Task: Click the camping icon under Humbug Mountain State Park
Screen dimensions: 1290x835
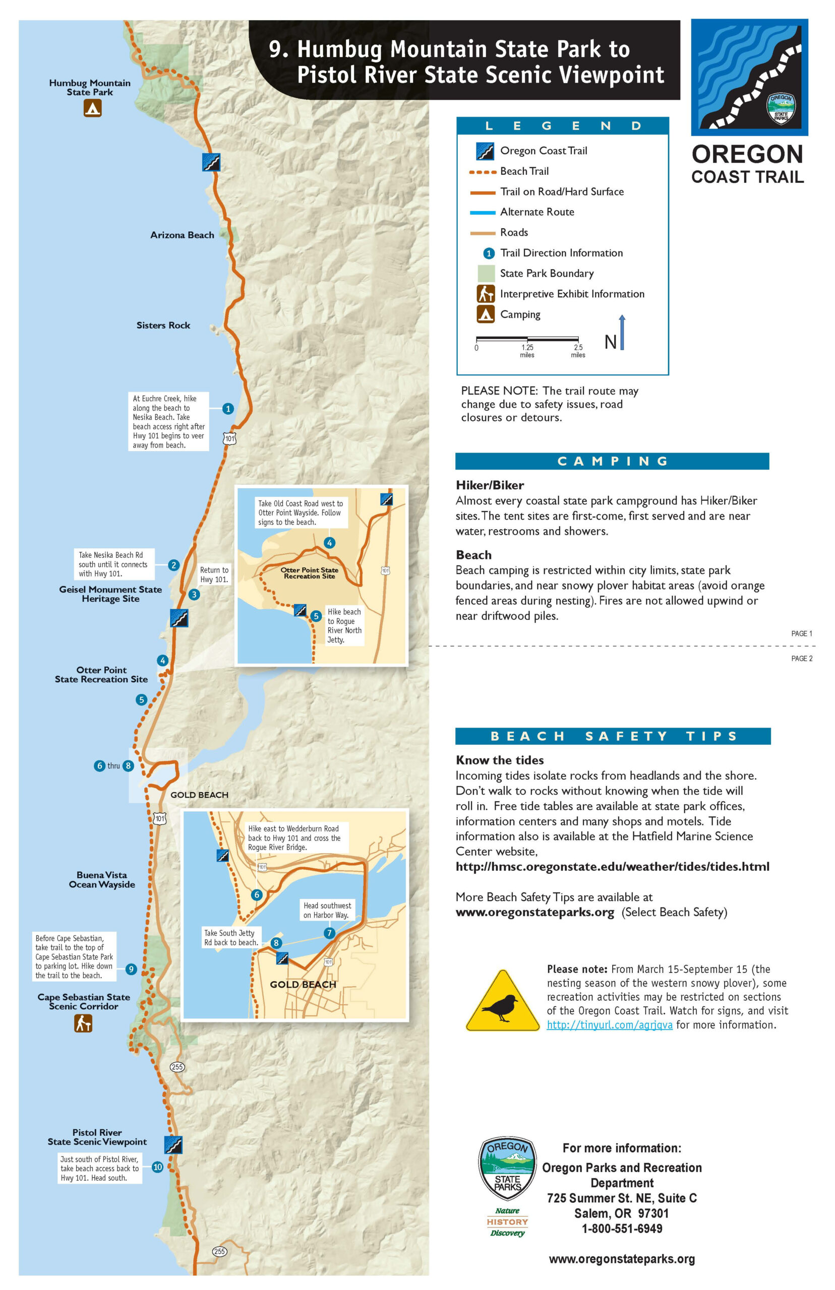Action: (x=92, y=108)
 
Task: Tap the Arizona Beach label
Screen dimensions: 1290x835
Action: (x=182, y=235)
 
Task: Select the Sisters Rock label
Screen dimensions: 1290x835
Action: (x=163, y=325)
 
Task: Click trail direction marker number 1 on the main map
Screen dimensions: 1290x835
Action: (x=228, y=409)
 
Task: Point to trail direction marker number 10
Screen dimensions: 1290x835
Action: (x=158, y=1167)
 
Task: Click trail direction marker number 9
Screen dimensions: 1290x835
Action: (x=131, y=969)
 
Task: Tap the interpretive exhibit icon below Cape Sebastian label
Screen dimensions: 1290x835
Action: (x=83, y=1023)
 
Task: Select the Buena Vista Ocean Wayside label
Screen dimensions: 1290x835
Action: (x=102, y=879)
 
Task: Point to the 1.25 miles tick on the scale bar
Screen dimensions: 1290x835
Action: (x=527, y=340)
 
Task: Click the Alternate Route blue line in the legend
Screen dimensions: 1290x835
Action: (x=483, y=212)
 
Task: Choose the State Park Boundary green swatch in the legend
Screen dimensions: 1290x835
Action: (x=486, y=273)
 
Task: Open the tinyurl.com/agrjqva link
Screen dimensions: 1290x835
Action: (x=610, y=1024)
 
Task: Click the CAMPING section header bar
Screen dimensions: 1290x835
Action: (x=612, y=461)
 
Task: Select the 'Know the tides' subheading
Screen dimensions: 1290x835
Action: (x=499, y=759)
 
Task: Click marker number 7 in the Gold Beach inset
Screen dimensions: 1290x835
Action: (x=329, y=933)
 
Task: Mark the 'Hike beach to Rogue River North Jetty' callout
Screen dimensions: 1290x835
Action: (x=344, y=625)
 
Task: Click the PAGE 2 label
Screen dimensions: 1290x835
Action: (x=801, y=658)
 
